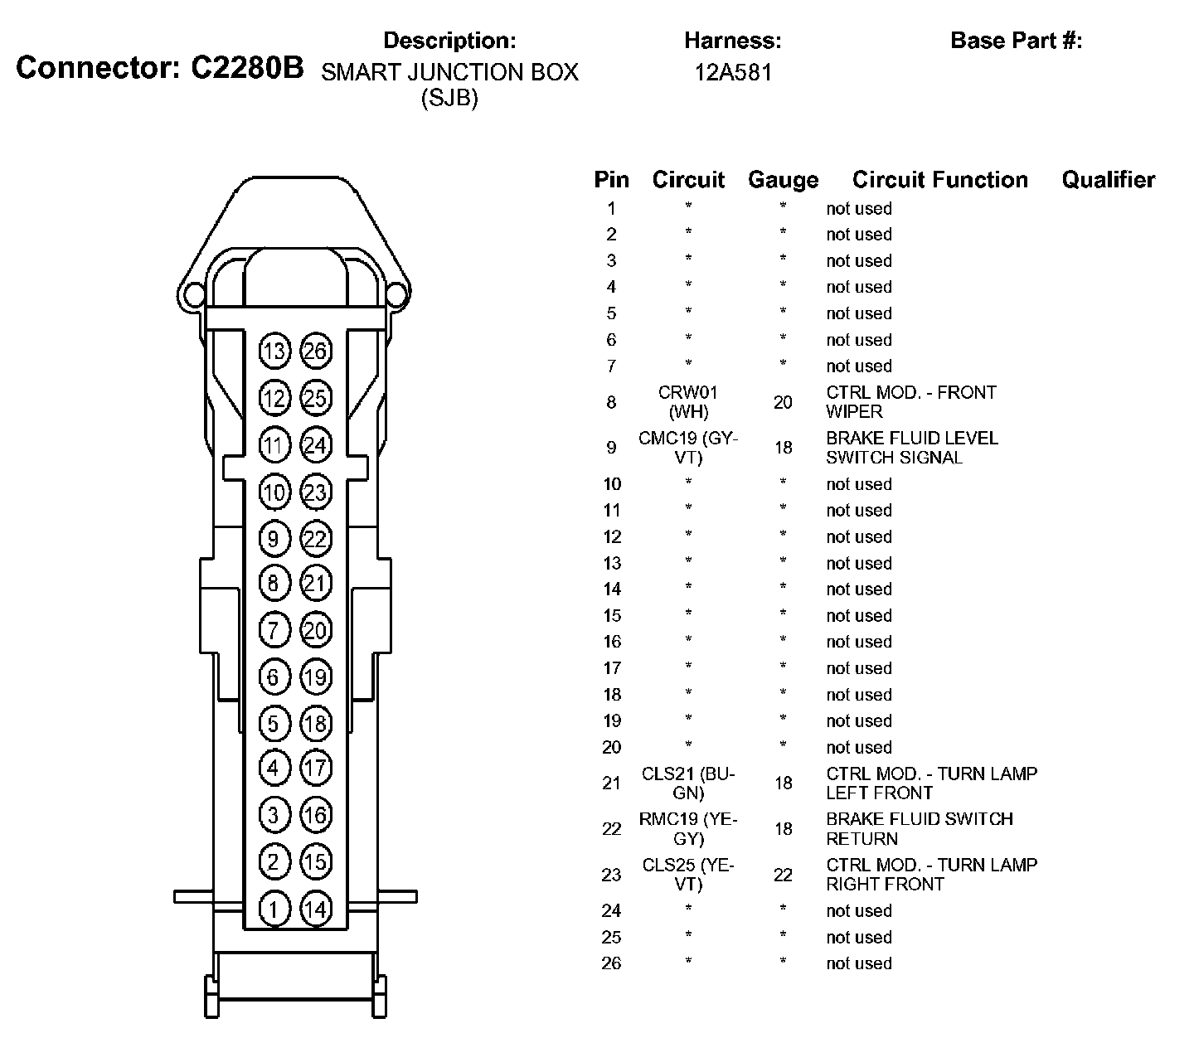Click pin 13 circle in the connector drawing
(274, 352)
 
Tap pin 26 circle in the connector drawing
(315, 352)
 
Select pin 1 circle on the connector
(274, 909)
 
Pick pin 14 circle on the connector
(315, 909)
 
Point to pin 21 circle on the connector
(315, 583)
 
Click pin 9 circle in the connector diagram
(274, 539)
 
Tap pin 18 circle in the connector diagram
(315, 722)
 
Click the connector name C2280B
(247, 68)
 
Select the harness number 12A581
(733, 72)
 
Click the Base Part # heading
(1016, 41)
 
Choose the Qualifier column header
(1108, 180)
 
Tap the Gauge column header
(783, 180)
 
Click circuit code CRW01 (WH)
(688, 402)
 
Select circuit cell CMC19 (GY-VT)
(688, 448)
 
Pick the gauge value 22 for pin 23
(783, 875)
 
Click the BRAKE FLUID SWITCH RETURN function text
(919, 828)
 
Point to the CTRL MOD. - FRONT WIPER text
(910, 402)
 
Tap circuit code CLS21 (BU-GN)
(688, 783)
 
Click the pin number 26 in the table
(611, 963)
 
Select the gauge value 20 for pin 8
(783, 402)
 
